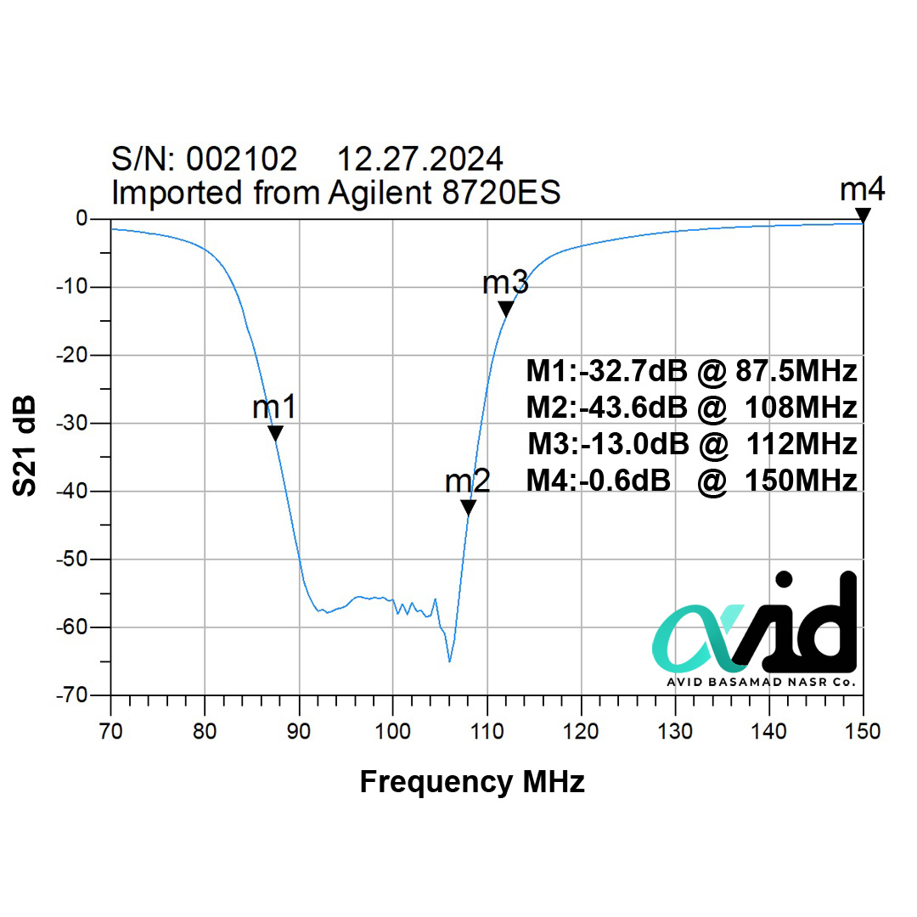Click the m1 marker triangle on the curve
click(x=275, y=434)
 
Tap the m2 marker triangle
click(x=468, y=508)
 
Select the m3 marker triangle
click(x=505, y=309)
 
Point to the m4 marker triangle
click(x=863, y=216)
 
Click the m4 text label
click(x=863, y=190)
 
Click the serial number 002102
click(x=242, y=159)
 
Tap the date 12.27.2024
click(x=420, y=159)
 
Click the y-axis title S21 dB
click(x=25, y=445)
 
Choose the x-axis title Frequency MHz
click(x=472, y=781)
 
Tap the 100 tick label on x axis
click(x=392, y=730)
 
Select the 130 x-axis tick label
click(x=675, y=730)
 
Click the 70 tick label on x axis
click(x=110, y=730)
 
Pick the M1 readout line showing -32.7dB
click(x=691, y=372)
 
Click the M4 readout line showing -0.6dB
click(x=691, y=481)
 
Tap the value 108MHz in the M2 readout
click(x=801, y=408)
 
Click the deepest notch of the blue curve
click(x=449, y=661)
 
